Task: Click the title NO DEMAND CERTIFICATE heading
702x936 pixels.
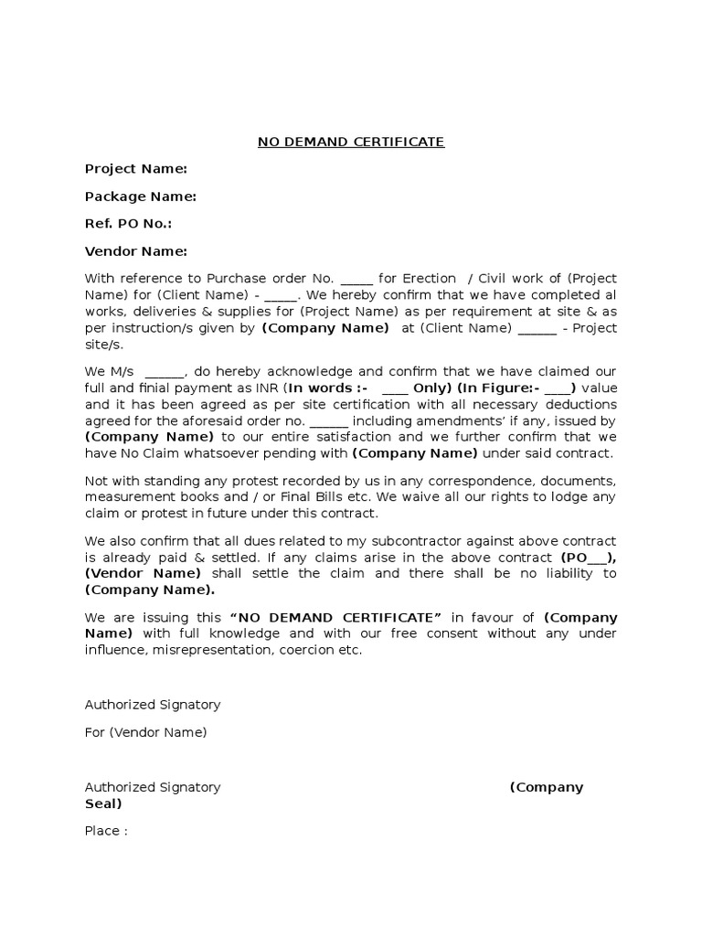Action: (350, 142)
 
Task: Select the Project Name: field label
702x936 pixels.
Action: (136, 169)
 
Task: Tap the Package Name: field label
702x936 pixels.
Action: (141, 197)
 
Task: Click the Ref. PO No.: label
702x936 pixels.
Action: (128, 224)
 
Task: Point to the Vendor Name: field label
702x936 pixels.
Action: (136, 251)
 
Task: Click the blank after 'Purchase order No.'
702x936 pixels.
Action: (356, 279)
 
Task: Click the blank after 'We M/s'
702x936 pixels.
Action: (165, 372)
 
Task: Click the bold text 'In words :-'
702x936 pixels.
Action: (323, 388)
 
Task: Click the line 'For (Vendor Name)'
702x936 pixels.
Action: (146, 732)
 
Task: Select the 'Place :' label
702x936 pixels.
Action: (106, 831)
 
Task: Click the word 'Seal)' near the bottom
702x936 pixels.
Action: (103, 803)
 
